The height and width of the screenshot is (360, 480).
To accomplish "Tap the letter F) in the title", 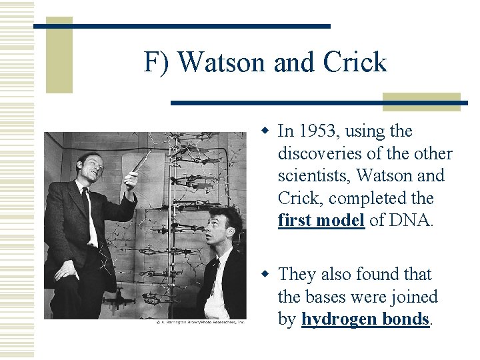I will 157,62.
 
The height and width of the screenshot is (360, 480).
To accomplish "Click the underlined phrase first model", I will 321,221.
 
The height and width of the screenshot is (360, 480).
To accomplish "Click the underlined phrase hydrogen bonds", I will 365,319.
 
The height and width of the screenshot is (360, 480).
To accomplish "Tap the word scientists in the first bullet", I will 314,176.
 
